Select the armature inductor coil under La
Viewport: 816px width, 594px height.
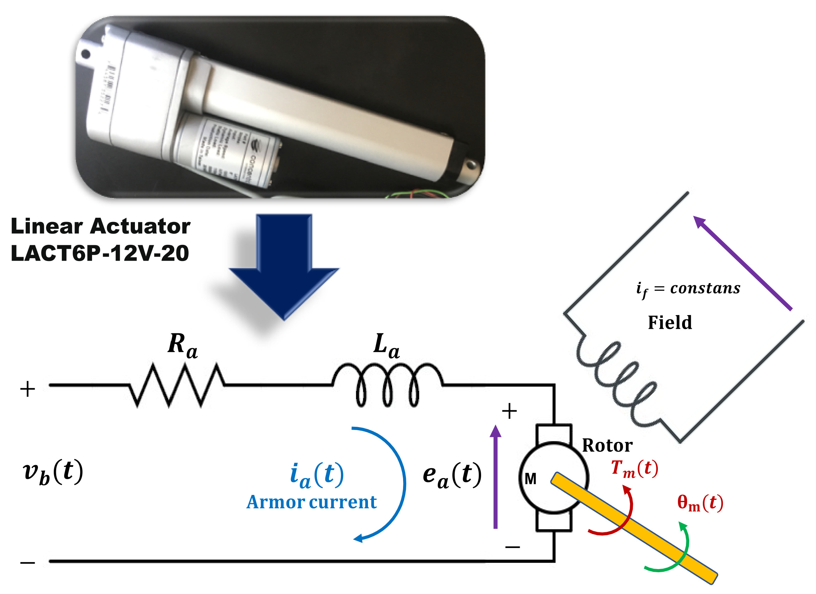pyautogui.click(x=387, y=385)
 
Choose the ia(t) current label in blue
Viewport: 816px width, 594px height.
pyautogui.click(x=317, y=475)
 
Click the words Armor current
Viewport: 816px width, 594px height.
pyautogui.click(x=311, y=502)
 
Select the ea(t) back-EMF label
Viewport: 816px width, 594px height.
pyautogui.click(x=452, y=475)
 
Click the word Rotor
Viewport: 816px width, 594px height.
pyautogui.click(x=607, y=446)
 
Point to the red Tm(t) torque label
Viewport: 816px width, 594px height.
pyautogui.click(x=635, y=469)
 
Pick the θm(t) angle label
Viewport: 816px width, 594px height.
pyautogui.click(x=700, y=503)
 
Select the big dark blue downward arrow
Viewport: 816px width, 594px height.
pyautogui.click(x=284, y=273)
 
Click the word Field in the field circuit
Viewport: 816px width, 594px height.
pyautogui.click(x=670, y=322)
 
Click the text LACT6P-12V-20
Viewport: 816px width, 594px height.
pyautogui.click(x=100, y=254)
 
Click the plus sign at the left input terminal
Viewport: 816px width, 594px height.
pyautogui.click(x=28, y=389)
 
